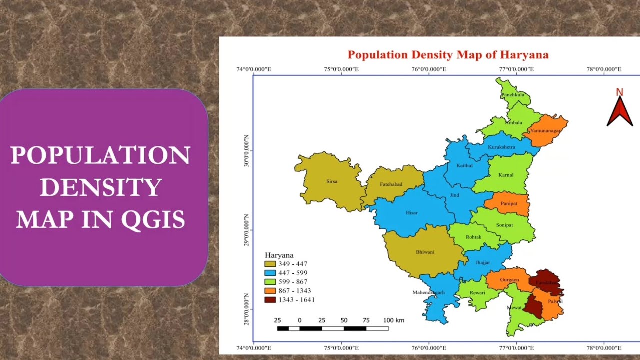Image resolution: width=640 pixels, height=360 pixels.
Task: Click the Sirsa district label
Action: tap(331, 181)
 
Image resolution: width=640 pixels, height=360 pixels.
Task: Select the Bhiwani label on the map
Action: tap(425, 252)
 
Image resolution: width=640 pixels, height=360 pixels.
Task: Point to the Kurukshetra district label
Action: tap(501, 147)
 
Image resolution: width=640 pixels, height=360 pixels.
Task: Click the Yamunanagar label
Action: tap(546, 130)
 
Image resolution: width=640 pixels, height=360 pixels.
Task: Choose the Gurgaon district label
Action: tap(509, 280)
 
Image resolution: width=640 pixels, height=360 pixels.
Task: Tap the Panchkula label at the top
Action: tap(513, 94)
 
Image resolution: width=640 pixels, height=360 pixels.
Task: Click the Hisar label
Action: tap(411, 213)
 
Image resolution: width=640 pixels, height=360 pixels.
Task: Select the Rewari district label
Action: tap(477, 293)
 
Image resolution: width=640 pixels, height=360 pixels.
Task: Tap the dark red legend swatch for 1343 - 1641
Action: tap(270, 300)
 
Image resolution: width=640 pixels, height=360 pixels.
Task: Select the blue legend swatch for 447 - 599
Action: tap(270, 273)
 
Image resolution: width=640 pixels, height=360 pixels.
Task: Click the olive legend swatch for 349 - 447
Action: tap(270, 264)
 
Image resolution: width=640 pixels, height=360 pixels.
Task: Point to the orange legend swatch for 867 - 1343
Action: tap(270, 291)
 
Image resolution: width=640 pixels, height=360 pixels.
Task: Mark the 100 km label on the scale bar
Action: tap(393, 320)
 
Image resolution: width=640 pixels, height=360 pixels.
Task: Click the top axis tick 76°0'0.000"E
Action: tap(429, 69)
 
